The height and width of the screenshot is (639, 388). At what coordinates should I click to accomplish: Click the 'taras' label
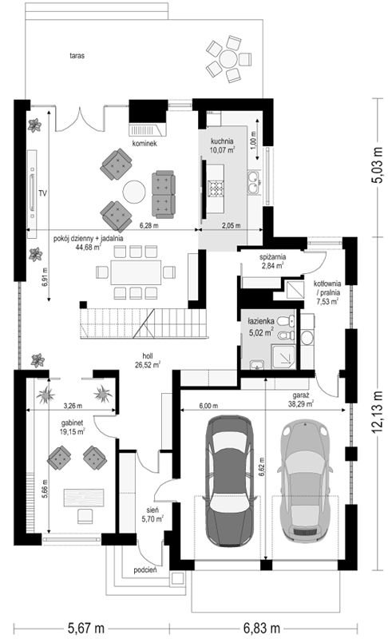pos(77,56)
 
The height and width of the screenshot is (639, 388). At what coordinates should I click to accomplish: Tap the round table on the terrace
pos(228,59)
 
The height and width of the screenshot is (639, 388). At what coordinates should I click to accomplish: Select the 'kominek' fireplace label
pos(145,144)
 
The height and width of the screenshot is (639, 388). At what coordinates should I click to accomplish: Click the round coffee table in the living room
pos(134,192)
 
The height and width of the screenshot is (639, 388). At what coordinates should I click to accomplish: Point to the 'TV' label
pos(43,193)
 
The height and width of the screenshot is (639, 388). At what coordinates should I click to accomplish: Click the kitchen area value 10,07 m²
pos(222,149)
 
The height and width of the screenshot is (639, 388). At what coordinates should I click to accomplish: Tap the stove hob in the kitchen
pos(216,189)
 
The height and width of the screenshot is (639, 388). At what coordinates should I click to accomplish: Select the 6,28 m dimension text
pos(149,225)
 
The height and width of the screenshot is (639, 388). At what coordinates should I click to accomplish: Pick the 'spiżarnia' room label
pos(273,257)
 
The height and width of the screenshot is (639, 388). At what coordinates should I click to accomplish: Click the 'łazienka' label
pos(261,322)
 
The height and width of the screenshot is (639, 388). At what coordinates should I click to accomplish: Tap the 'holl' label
pos(148,356)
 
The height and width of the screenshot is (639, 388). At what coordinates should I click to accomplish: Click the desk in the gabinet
pos(84,497)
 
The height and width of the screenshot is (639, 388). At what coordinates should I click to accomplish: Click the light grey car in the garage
pos(305,480)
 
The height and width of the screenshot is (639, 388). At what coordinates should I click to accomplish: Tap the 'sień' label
pos(152,510)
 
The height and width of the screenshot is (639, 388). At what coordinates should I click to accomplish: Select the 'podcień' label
pos(145,570)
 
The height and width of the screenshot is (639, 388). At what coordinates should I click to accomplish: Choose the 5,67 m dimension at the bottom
pos(86,628)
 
